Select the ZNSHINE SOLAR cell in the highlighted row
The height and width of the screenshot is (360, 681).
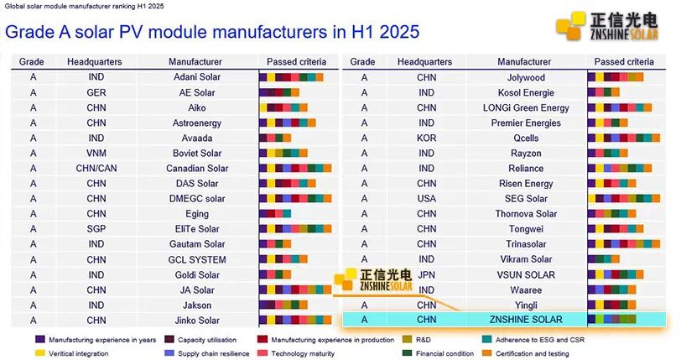coord(525,320)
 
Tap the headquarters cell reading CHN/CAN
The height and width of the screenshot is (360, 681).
coord(96,169)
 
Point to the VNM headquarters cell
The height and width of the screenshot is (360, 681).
coord(96,154)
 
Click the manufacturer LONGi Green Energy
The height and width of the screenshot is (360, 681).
coord(526,108)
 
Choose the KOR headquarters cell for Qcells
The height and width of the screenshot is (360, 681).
coord(427,138)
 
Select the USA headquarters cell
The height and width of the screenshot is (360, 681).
coord(427,199)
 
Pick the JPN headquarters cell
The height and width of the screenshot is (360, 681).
coord(427,274)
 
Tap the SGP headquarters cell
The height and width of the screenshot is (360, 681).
coord(96,229)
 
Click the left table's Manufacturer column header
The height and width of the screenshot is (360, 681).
coord(195,62)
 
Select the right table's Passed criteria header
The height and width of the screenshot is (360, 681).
coord(624,62)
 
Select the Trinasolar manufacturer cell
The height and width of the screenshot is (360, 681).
coord(526,244)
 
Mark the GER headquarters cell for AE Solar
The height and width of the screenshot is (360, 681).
coord(96,93)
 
